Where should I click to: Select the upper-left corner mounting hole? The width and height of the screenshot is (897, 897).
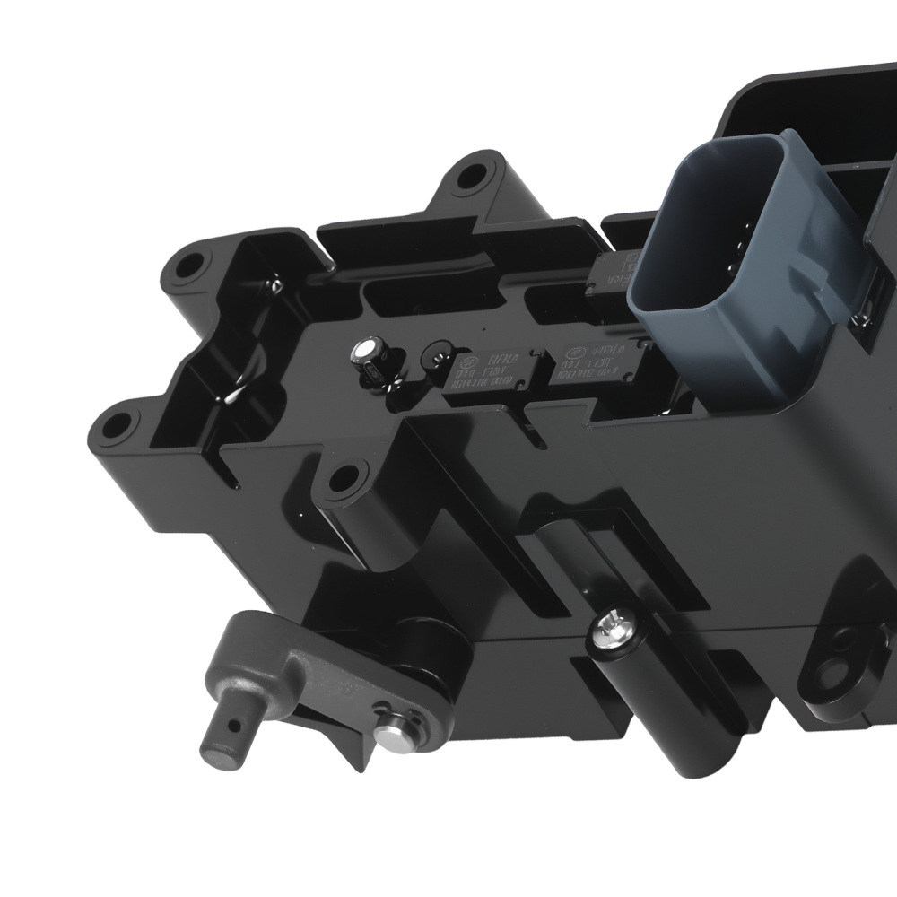point(189,266)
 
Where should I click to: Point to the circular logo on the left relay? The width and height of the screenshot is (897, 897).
point(468,363)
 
